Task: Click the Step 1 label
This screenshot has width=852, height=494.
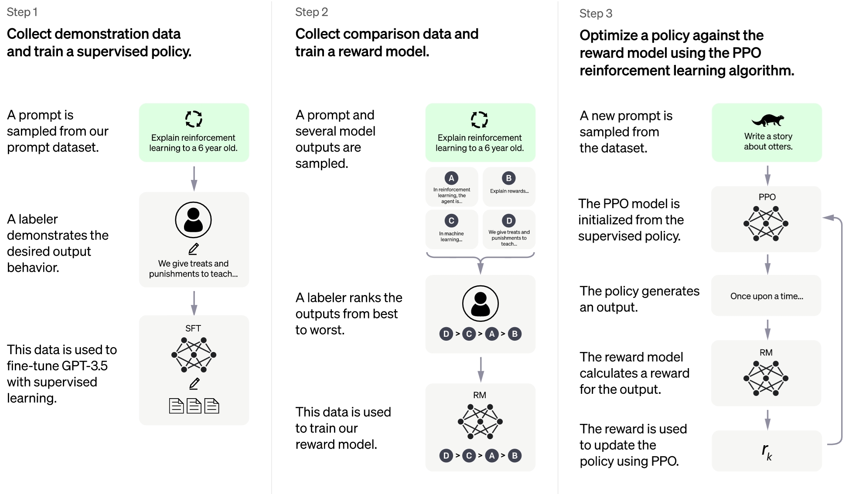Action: coord(22,12)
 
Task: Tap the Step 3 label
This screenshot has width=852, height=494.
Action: coord(596,14)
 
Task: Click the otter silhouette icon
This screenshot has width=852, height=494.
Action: coord(768,119)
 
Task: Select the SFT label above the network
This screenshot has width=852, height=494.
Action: coord(193,328)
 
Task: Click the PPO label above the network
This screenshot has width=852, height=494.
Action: coord(767,197)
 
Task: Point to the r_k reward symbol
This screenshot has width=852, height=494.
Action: coord(767,451)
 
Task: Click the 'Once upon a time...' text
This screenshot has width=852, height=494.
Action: coord(767,296)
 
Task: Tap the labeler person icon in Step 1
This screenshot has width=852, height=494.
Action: coord(193,220)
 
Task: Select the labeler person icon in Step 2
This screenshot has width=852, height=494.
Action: coord(480,303)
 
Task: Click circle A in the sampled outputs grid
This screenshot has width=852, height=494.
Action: coord(451,178)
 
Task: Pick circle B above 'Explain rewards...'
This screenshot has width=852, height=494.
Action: coord(508,178)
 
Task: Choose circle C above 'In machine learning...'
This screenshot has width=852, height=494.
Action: coord(451,220)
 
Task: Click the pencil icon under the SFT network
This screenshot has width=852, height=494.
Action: coord(194,383)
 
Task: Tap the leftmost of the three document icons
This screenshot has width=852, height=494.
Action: coord(176,406)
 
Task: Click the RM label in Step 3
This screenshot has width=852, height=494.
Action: coord(766,352)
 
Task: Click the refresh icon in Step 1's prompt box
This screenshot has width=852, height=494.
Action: coord(194,119)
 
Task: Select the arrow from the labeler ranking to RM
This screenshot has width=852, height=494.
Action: coord(481,369)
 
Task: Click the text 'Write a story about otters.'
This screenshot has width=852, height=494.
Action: coord(768,142)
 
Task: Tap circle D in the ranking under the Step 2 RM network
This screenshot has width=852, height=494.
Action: coord(446,455)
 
